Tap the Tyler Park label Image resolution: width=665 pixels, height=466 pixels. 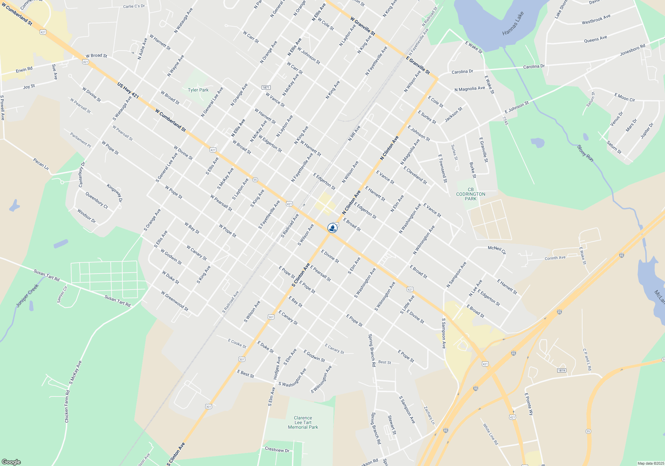[198, 90]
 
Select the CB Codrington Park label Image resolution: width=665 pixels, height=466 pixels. [470, 194]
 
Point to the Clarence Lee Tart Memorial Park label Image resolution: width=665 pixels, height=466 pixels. [303, 422]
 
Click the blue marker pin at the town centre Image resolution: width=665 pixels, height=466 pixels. [332, 228]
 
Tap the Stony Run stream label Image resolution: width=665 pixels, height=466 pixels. [585, 153]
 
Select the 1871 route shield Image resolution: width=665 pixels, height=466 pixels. [266, 88]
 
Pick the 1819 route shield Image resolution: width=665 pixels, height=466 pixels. [562, 370]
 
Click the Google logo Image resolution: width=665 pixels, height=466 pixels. [11, 462]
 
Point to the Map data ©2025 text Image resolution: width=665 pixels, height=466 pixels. [650, 463]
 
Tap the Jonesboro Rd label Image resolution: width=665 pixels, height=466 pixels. [632, 50]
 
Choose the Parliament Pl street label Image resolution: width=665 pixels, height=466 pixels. [80, 139]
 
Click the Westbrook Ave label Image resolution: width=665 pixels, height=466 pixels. [596, 19]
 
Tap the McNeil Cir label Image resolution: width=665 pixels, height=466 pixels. [497, 250]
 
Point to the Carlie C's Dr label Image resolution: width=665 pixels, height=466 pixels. [134, 6]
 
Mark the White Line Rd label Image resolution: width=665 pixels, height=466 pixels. [490, 434]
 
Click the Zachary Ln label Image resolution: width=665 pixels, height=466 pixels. [429, 415]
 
